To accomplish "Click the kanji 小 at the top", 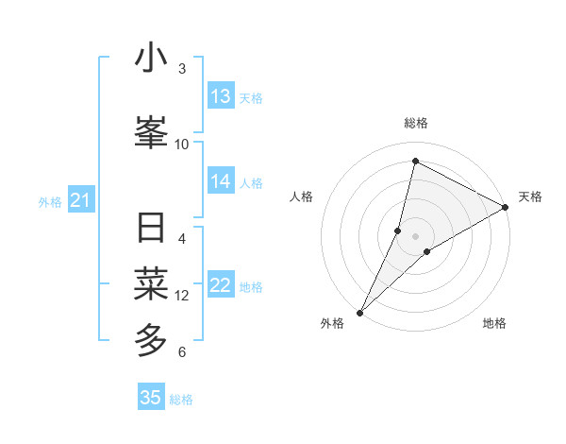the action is click(x=151, y=59).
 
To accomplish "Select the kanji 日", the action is click(x=151, y=230).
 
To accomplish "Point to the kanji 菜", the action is click(x=151, y=282).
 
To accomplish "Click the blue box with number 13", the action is click(x=221, y=96).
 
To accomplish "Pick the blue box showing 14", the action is click(x=221, y=181).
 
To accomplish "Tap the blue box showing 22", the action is click(x=221, y=285).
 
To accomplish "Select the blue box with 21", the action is click(x=80, y=200).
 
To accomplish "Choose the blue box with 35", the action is click(x=151, y=398).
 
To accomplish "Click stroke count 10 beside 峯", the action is click(x=182, y=144).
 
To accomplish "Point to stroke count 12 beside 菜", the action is click(x=182, y=296).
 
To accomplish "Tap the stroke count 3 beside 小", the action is click(x=182, y=69).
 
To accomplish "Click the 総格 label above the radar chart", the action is click(x=415, y=123).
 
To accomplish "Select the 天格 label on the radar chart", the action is click(x=530, y=196).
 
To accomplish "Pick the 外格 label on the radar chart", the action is click(x=332, y=323).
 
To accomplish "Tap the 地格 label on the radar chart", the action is click(x=494, y=323).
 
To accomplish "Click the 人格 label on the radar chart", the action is click(x=302, y=196).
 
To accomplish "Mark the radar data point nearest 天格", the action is click(x=506, y=207).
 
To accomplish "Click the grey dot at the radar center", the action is click(x=415, y=235).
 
